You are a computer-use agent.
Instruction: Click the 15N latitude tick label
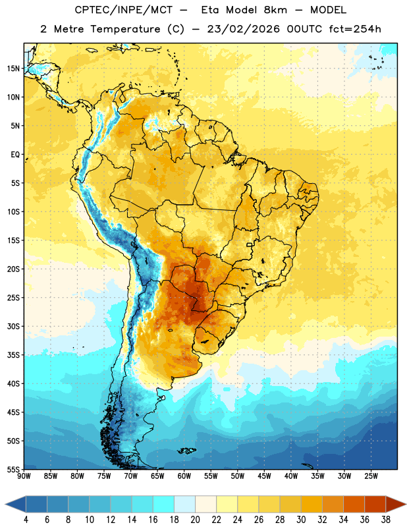[13, 69]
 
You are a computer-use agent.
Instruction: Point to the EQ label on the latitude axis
[15, 155]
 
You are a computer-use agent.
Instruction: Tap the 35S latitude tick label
[13, 355]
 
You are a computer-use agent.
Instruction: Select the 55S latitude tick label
[13, 469]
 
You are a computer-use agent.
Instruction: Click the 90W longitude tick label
[24, 476]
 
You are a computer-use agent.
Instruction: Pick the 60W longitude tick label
[184, 476]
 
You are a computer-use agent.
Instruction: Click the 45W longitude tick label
[264, 476]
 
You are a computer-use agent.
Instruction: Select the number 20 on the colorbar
[195, 520]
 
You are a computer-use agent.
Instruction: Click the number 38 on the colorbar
[386, 520]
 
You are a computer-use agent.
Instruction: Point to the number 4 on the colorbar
[26, 520]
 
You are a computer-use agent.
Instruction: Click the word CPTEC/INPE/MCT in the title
[124, 10]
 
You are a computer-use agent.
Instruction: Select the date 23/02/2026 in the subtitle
[243, 29]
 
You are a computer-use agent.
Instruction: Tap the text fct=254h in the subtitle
[355, 29]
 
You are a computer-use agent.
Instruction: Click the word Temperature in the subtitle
[125, 29]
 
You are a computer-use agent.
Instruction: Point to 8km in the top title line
[275, 10]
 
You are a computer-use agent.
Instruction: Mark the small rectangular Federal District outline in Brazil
[250, 244]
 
